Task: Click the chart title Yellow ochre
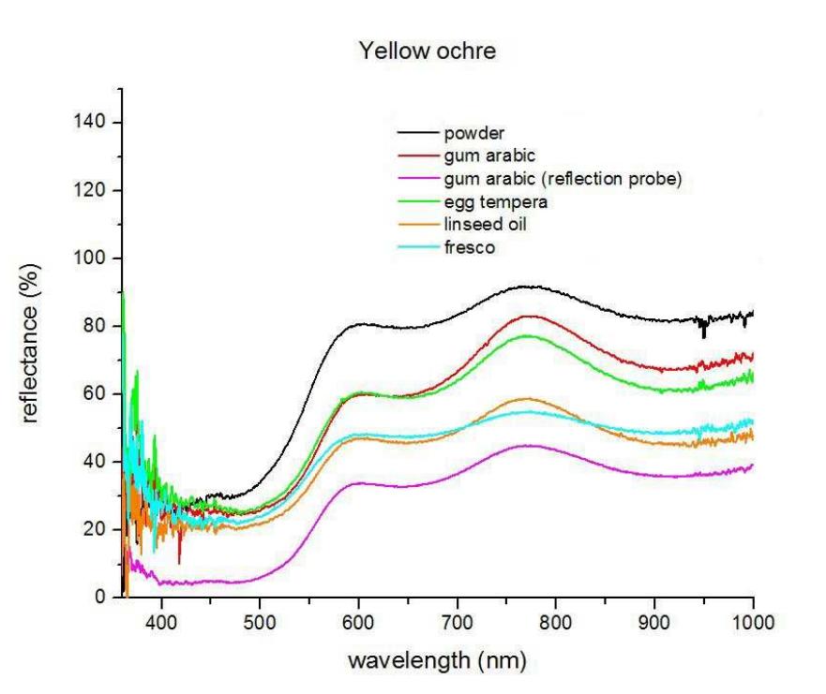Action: click(x=428, y=52)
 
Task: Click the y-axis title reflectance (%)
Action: click(x=30, y=343)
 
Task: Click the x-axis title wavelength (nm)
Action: click(x=436, y=660)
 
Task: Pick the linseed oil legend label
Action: click(x=485, y=226)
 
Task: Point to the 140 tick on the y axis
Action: click(x=95, y=123)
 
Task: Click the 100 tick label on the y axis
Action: click(x=95, y=258)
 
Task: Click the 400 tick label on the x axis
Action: click(x=161, y=620)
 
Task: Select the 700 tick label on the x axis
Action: click(x=457, y=620)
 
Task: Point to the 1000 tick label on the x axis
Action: click(x=752, y=620)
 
